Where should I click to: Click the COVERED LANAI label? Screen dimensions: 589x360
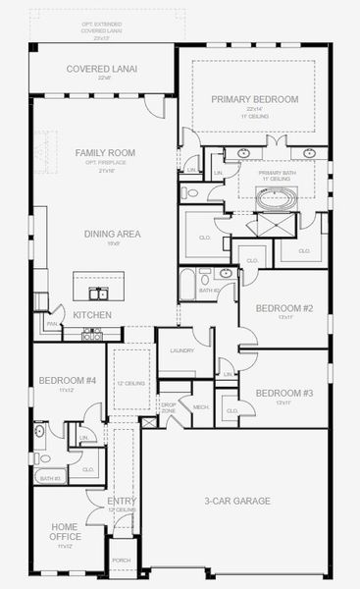pos(102,69)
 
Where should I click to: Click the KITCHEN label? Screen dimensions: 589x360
pos(91,314)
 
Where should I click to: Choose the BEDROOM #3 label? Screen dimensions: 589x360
pos(283,393)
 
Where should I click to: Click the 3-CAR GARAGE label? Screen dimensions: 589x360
pos(237,501)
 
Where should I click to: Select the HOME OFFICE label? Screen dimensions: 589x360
pos(64,531)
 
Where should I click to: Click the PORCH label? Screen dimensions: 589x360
pos(122,560)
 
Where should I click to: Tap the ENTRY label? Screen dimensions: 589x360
pos(122,502)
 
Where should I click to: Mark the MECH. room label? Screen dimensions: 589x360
pos(201,405)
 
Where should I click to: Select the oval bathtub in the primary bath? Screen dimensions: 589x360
pos(276,198)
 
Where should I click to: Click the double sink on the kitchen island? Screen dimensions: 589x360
pos(98,293)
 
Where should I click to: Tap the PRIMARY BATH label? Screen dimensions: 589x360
pos(277,175)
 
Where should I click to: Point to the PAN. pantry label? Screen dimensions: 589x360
pos(51,321)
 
